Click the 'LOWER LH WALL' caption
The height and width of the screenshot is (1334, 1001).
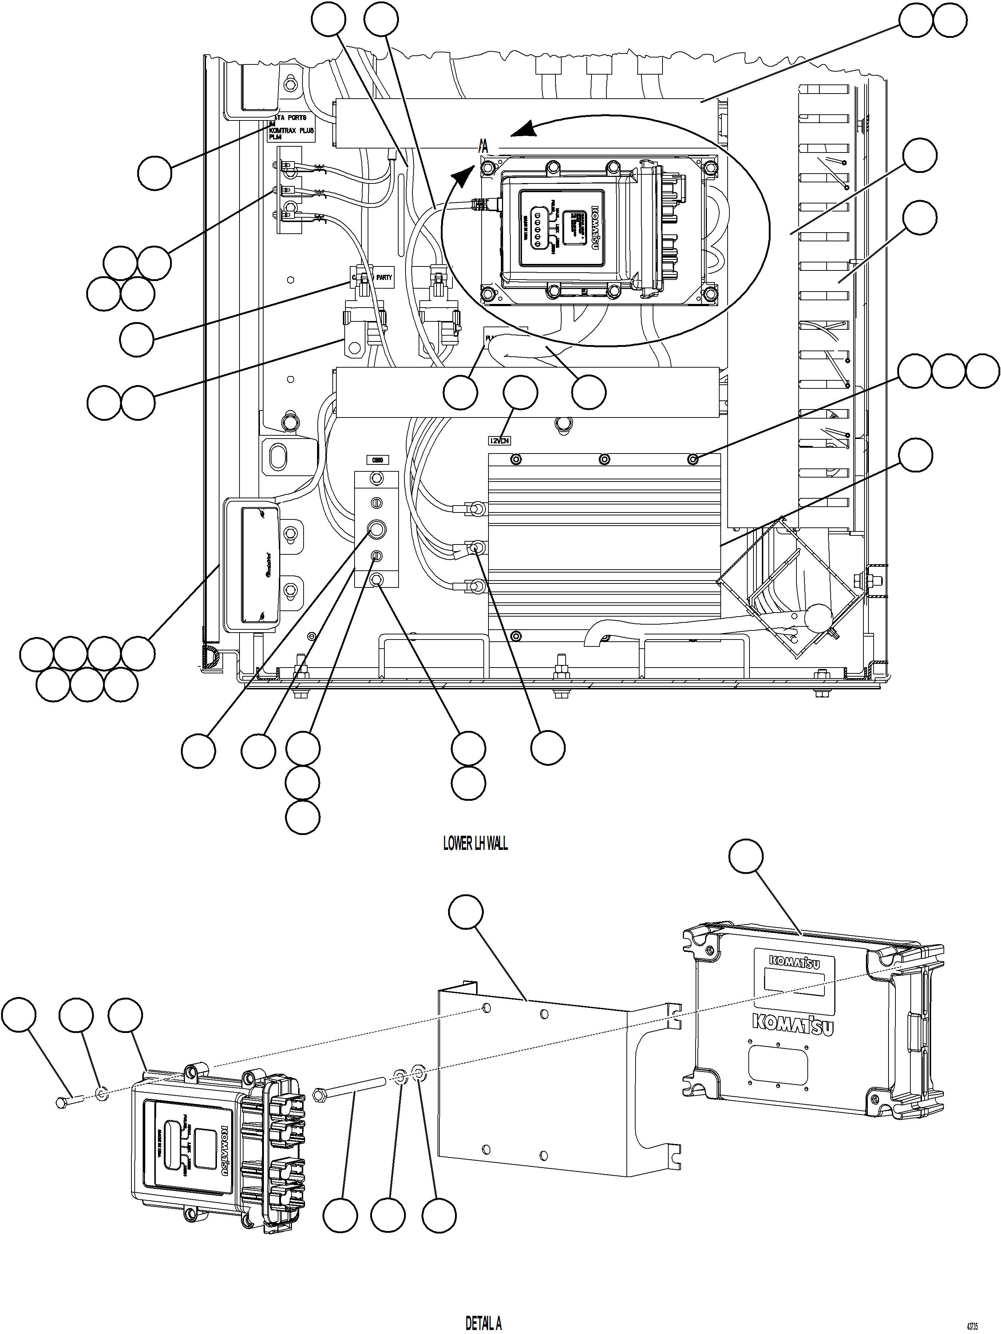tap(475, 843)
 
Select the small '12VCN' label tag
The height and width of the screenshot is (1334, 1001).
tap(499, 441)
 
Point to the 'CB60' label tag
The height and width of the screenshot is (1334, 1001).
tap(377, 460)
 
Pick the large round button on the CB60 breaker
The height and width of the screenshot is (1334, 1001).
tap(376, 530)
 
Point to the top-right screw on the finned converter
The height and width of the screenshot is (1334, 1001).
tap(693, 460)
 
